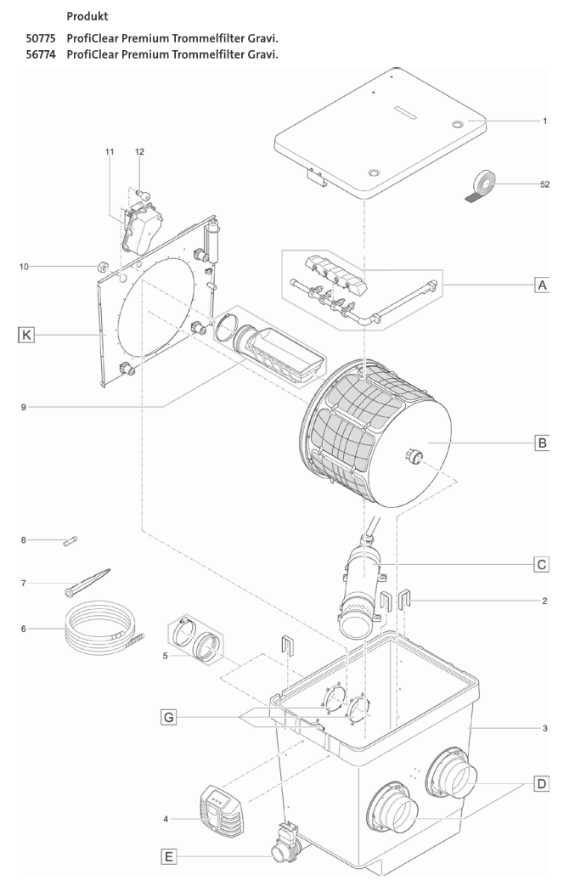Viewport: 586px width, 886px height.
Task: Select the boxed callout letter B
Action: (540, 443)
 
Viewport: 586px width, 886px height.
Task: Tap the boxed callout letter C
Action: (540, 563)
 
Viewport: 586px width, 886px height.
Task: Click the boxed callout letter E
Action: (169, 857)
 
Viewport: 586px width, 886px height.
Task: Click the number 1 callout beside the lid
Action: (544, 121)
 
